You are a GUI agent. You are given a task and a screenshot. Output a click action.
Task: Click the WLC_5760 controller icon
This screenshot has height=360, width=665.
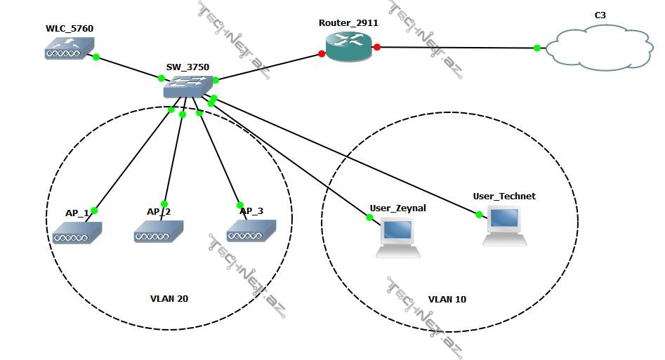click(69, 48)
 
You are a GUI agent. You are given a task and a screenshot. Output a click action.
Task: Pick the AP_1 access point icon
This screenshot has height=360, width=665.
click(77, 232)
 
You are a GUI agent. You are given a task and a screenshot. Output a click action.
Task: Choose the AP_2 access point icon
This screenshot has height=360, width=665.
click(159, 231)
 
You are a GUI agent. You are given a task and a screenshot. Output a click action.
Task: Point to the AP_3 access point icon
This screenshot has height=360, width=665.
click(251, 231)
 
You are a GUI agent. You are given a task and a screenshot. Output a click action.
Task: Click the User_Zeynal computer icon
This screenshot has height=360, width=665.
click(397, 237)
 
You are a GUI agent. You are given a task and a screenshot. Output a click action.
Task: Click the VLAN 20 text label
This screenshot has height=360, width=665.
click(169, 299)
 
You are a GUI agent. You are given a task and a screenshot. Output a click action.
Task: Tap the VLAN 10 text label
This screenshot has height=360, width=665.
click(447, 300)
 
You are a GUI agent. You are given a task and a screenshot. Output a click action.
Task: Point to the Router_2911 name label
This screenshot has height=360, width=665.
click(348, 22)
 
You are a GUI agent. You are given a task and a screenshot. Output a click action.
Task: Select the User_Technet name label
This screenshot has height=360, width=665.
click(504, 196)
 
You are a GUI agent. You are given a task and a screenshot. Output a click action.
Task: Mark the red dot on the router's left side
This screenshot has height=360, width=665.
click(322, 53)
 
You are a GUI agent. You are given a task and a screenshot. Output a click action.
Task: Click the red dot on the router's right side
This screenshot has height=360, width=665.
click(377, 47)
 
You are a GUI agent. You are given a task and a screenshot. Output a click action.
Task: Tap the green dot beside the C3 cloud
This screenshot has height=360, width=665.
click(537, 48)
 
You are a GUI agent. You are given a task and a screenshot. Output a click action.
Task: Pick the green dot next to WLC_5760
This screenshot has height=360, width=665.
click(96, 56)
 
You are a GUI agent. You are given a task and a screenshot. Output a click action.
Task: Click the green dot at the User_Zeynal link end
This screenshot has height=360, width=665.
click(370, 218)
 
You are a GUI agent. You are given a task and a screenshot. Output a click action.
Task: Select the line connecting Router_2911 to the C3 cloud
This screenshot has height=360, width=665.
click(456, 48)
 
